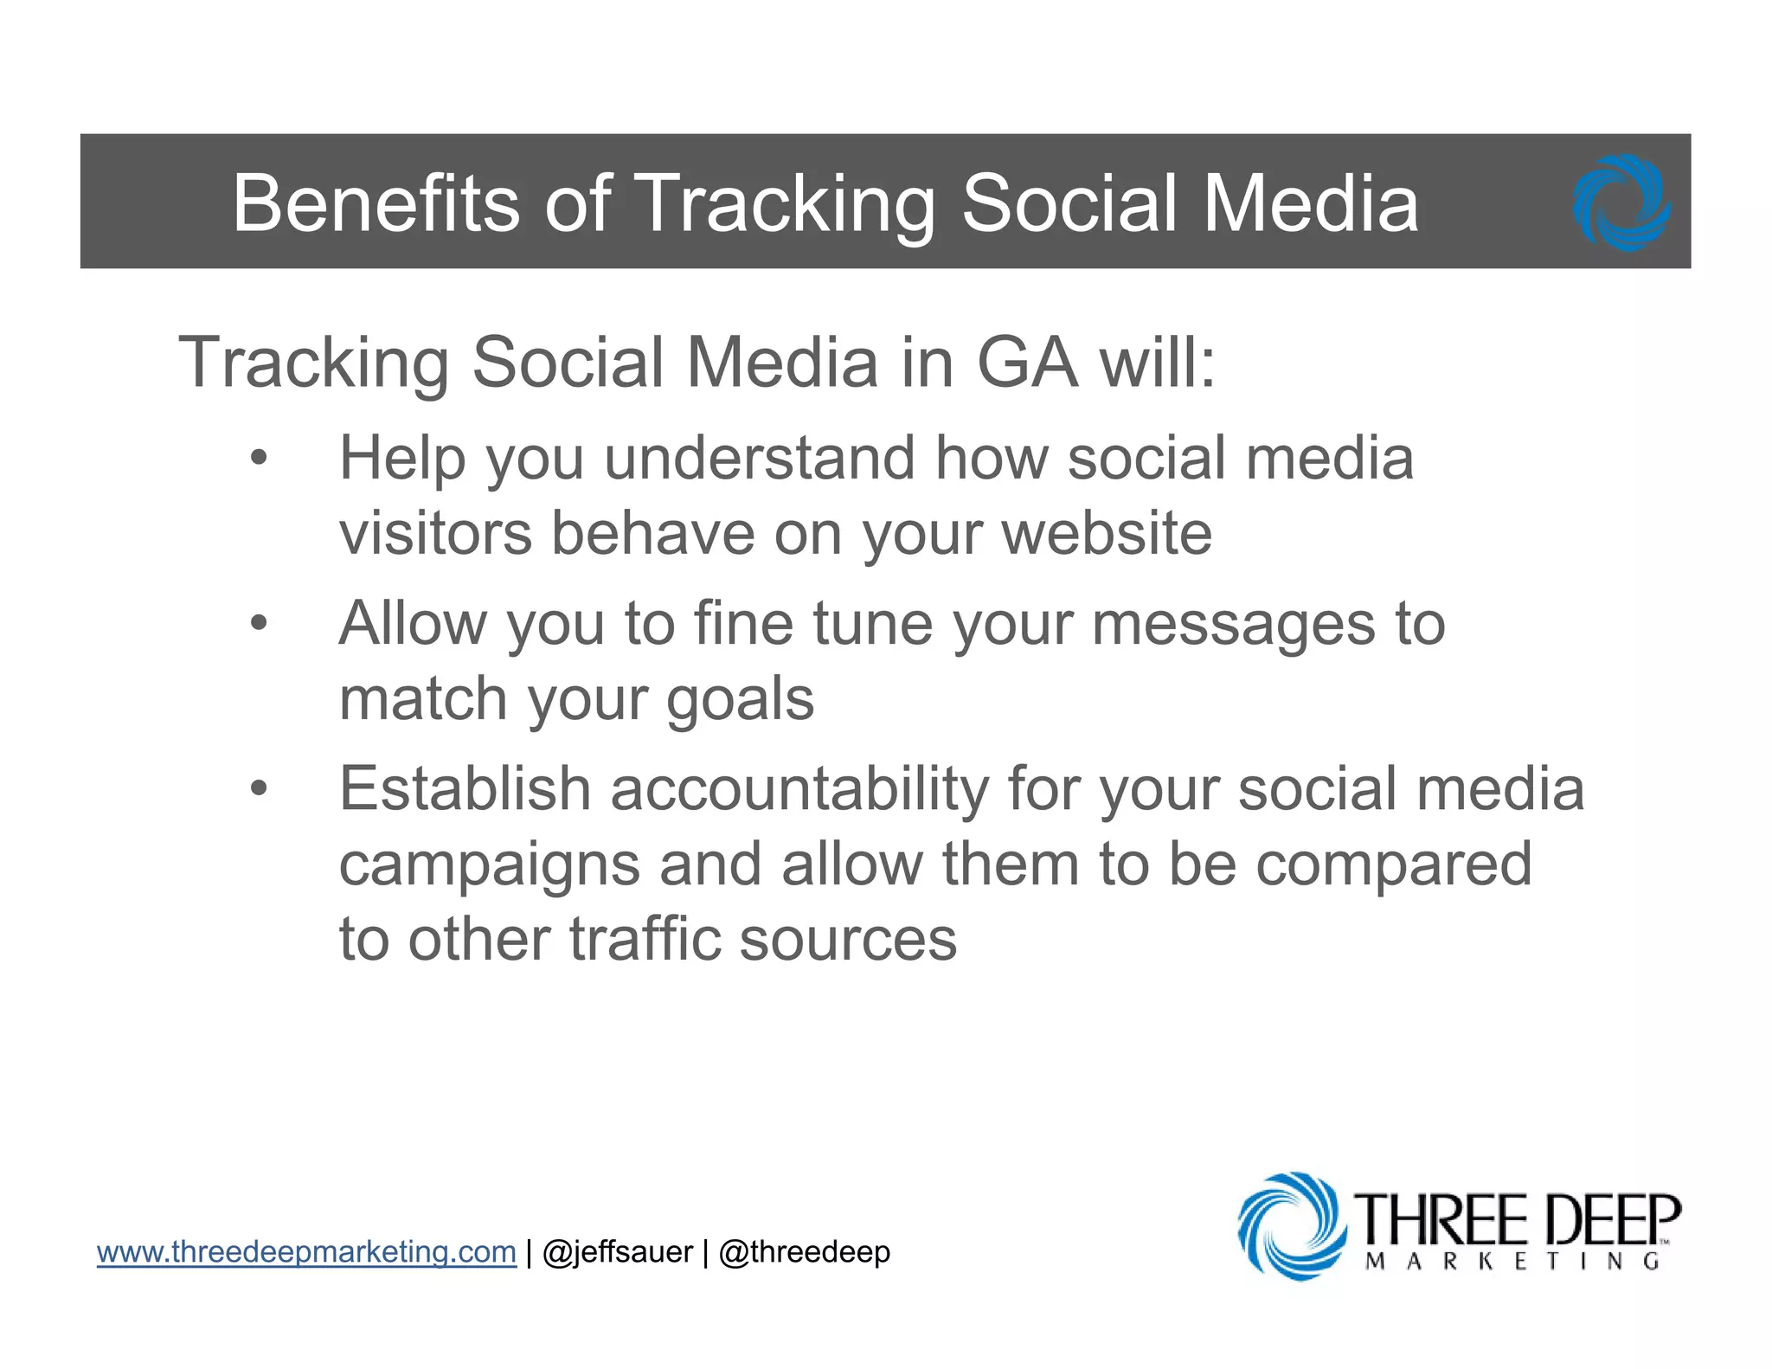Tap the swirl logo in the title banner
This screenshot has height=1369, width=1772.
pyautogui.click(x=1621, y=203)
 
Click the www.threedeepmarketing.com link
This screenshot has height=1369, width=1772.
pyautogui.click(x=306, y=1251)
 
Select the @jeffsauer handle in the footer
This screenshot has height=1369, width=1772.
pyautogui.click(x=617, y=1251)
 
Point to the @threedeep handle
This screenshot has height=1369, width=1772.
pyautogui.click(x=804, y=1252)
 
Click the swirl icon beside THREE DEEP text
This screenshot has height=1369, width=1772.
pyautogui.click(x=1292, y=1225)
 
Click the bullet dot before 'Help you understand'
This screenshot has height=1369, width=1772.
pyautogui.click(x=259, y=459)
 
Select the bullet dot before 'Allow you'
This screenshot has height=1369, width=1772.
pyautogui.click(x=259, y=623)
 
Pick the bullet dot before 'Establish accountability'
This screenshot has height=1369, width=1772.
pyautogui.click(x=259, y=788)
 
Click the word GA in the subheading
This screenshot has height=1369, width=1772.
pyautogui.click(x=1027, y=362)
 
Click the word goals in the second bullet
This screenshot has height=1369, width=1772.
pyautogui.click(x=740, y=699)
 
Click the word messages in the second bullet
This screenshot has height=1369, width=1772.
pyautogui.click(x=1233, y=624)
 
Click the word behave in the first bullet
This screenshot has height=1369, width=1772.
pyautogui.click(x=652, y=533)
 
